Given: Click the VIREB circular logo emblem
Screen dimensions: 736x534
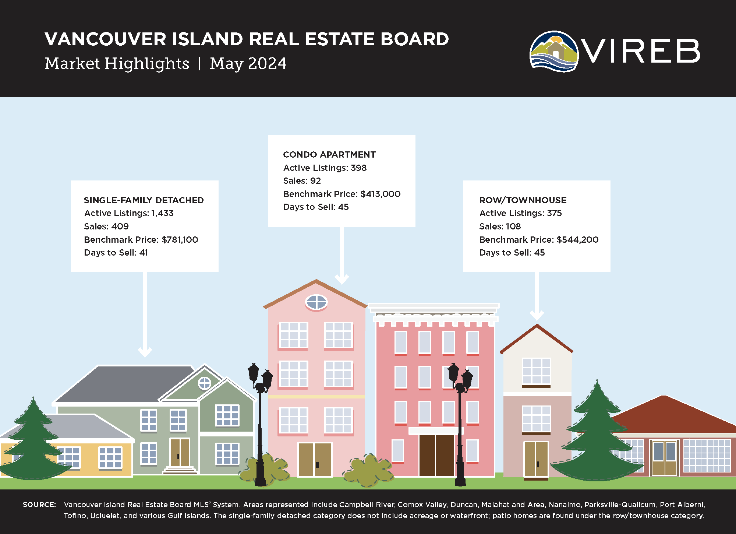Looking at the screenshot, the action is click(554, 51).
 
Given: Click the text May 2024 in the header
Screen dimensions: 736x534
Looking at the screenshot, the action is click(248, 63).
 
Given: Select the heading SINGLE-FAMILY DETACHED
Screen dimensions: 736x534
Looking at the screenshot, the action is click(144, 200).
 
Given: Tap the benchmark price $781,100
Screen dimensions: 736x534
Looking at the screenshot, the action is click(180, 240).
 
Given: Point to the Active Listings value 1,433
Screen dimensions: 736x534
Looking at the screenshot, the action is click(163, 213).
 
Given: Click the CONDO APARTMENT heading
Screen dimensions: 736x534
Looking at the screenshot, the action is click(329, 155).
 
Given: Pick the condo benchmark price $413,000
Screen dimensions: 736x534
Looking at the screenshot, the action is click(381, 194).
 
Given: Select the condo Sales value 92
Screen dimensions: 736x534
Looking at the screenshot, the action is click(315, 181).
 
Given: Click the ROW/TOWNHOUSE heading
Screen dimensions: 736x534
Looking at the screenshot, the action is click(523, 200).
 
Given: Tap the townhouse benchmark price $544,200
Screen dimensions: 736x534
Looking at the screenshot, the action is click(578, 240).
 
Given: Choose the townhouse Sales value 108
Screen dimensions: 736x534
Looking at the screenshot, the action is click(513, 226).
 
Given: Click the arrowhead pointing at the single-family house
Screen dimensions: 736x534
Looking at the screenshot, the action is click(145, 352).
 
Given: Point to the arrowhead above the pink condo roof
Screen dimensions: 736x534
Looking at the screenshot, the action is click(342, 279).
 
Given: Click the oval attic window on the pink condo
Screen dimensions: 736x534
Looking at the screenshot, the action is click(316, 302).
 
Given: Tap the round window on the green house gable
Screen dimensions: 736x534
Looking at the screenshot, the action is click(205, 383).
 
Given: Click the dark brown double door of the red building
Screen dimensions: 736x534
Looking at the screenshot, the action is click(436, 456).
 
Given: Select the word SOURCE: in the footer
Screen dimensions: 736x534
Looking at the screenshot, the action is click(39, 505).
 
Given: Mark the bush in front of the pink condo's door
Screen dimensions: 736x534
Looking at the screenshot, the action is click(368, 470).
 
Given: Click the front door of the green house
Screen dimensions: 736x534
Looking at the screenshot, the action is click(180, 453).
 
